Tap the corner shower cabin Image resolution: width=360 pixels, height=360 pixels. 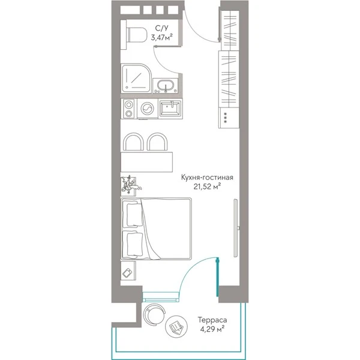tap(136, 78)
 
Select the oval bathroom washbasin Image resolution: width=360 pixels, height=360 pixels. tap(166, 86)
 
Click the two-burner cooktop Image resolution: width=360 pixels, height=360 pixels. tap(129, 109)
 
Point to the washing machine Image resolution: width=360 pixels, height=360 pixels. tap(147, 109)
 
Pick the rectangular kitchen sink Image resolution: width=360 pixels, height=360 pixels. tap(170, 108)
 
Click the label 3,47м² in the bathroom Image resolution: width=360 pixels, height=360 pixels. tap(161, 37)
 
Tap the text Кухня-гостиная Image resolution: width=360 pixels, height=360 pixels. tap(207, 178)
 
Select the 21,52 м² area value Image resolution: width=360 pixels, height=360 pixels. tap(207, 187)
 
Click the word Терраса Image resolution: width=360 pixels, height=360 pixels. tap(212, 320)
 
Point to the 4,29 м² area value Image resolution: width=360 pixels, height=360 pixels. tap(212, 329)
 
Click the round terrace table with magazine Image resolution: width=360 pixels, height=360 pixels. tap(176, 326)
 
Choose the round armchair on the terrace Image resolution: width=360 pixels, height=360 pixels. tap(154, 314)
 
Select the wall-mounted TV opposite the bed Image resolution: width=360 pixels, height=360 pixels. tap(236, 228)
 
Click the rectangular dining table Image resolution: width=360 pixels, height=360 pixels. tap(147, 162)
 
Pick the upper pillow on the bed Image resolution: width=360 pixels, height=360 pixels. tap(134, 215)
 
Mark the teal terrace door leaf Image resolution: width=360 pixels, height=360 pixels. tap(217, 277)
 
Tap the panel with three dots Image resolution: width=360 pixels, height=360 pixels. tap(226, 118)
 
